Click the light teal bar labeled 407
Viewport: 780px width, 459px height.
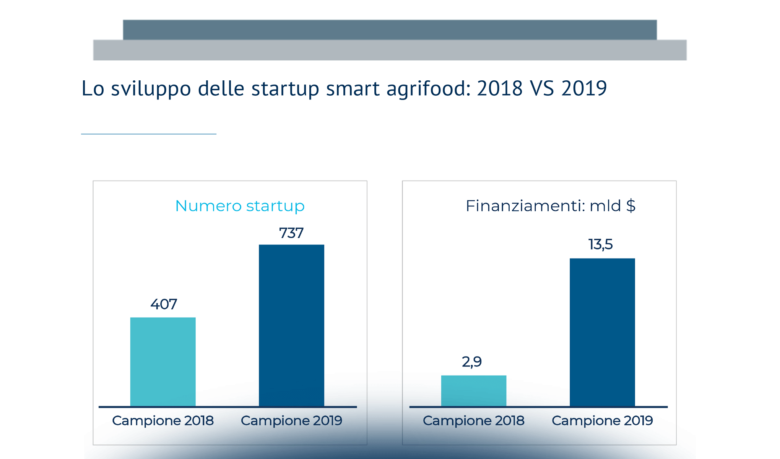pos(163,361)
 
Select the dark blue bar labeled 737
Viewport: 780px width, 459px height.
pos(291,325)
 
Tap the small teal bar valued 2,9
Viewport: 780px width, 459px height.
pos(473,391)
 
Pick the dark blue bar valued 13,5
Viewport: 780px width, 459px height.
pos(602,332)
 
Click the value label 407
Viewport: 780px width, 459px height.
pos(164,304)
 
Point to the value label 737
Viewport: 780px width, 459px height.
pos(291,233)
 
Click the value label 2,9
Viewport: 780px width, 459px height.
pos(472,362)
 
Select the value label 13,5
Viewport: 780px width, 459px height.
pos(600,244)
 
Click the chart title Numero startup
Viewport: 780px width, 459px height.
pos(240,206)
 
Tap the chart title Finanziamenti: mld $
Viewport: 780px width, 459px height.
pos(550,206)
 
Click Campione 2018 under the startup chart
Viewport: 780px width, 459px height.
pos(163,421)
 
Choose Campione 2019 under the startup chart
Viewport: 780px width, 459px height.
pos(291,421)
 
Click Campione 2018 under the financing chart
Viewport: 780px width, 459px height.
pos(473,421)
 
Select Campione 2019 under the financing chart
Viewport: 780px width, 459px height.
pos(602,421)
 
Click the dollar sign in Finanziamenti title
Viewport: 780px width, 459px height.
pos(631,206)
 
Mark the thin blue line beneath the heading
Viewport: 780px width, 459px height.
pos(149,134)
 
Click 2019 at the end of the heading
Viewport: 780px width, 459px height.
pos(584,89)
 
